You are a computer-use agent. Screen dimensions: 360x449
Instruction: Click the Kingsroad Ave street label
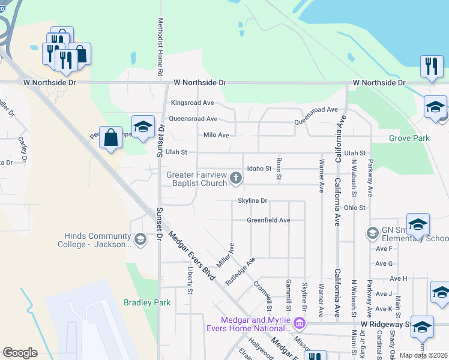(x=192, y=103)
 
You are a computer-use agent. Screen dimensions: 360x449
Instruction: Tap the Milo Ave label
(x=216, y=135)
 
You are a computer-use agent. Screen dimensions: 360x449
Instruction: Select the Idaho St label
(x=259, y=169)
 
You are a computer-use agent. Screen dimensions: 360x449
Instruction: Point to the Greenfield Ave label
(x=268, y=220)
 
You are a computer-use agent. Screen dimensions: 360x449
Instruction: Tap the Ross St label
(x=279, y=169)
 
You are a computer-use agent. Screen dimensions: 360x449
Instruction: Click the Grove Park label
(x=409, y=138)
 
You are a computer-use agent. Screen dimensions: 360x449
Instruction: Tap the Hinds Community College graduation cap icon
(x=140, y=240)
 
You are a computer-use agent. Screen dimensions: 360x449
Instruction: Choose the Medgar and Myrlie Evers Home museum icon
(x=298, y=325)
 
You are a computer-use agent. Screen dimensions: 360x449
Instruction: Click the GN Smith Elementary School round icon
(x=372, y=233)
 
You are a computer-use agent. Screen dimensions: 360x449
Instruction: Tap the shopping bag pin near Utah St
(x=111, y=138)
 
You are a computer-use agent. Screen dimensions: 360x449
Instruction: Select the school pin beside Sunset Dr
(x=143, y=127)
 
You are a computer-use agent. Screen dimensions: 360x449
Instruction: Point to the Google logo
(x=20, y=352)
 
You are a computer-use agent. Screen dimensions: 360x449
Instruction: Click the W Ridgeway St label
(x=384, y=324)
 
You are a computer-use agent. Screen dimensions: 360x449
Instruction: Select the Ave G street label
(x=384, y=263)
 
